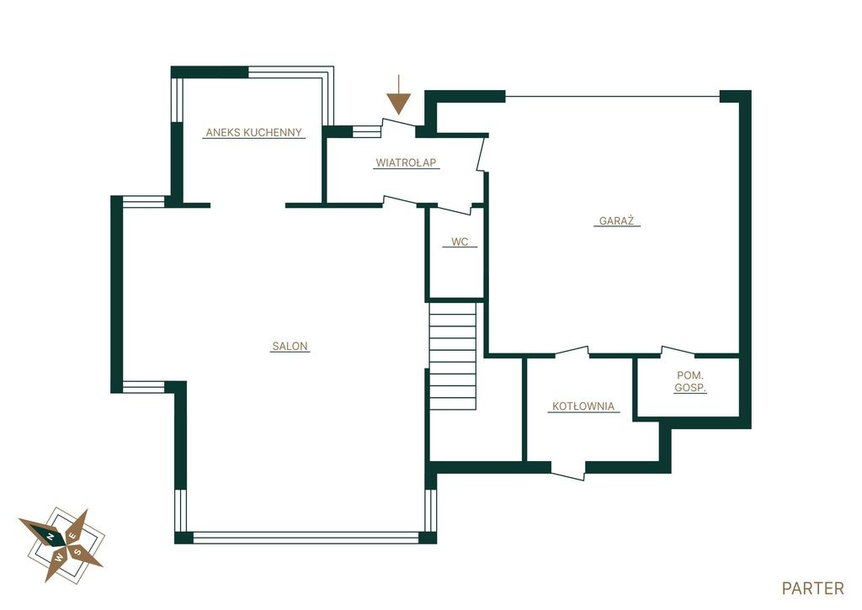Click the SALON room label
coord(290,346)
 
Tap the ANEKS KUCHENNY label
coord(254,132)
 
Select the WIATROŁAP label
coord(407,162)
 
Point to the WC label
coord(460,241)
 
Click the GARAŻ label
coord(616,221)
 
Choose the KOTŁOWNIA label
coord(583,406)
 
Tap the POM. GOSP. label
coord(690,381)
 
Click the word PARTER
coord(812,588)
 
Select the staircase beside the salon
coord(452,356)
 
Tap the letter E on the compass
coord(72,536)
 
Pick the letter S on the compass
coord(78,552)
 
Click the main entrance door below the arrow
coord(398,125)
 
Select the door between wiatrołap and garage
coord(482,154)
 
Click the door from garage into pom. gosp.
coord(678,351)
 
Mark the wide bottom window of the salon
coord(306,538)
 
